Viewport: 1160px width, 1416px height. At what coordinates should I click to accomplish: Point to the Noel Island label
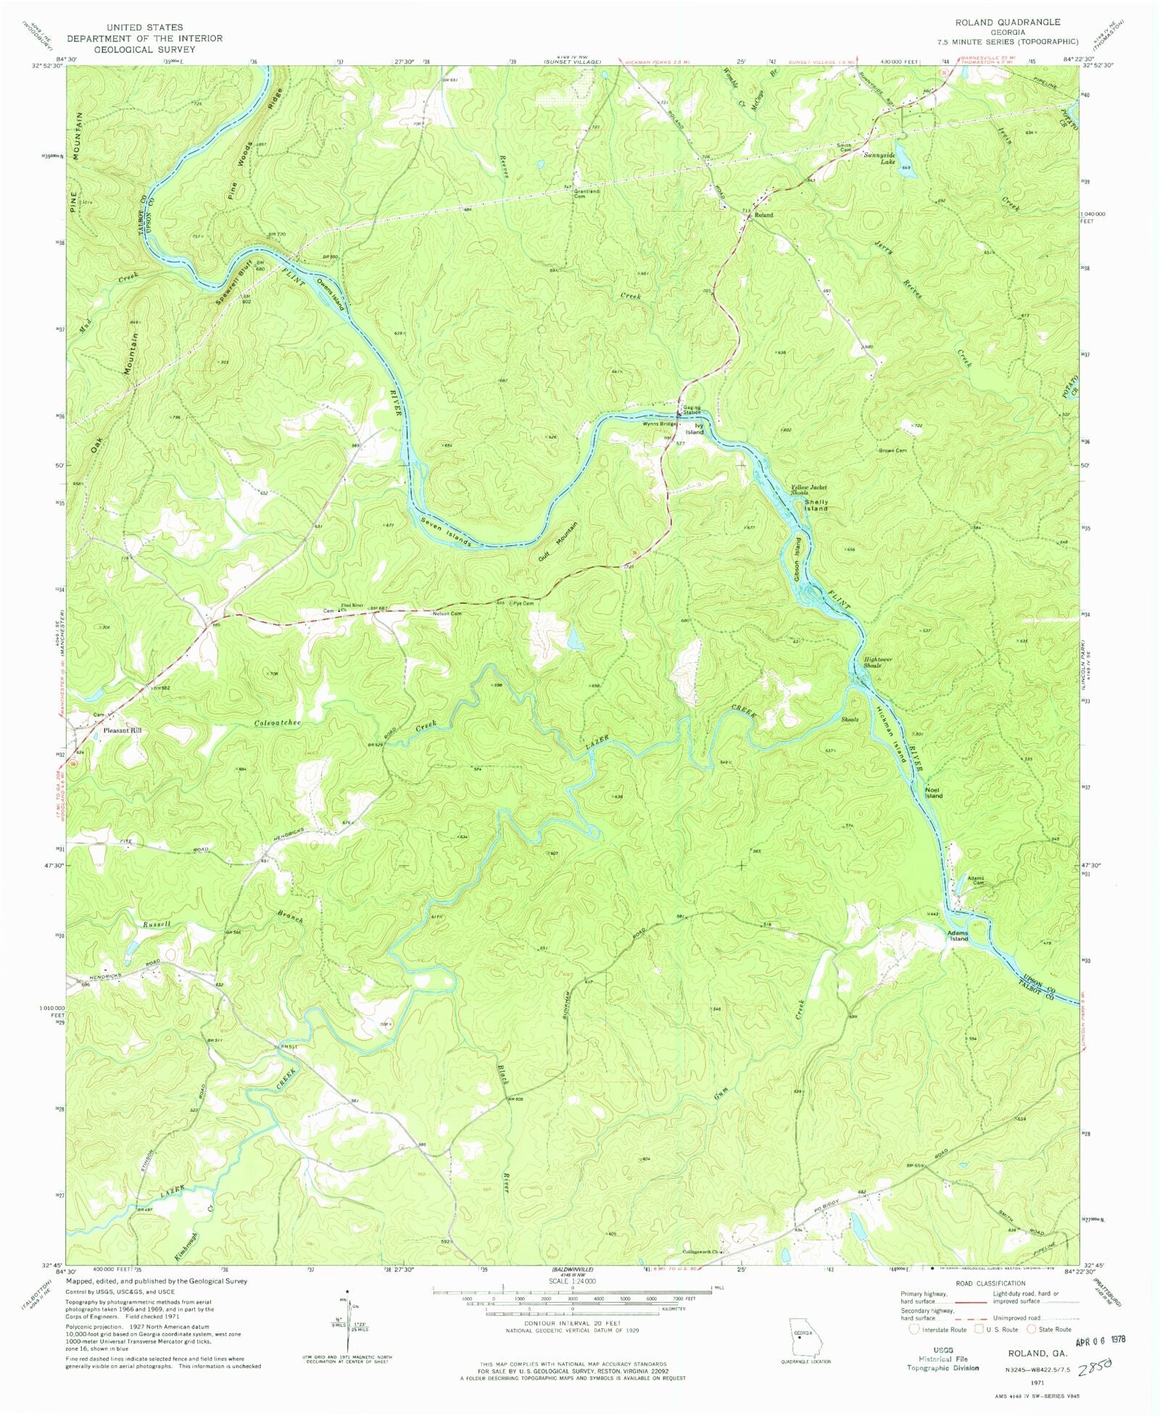[x=933, y=792]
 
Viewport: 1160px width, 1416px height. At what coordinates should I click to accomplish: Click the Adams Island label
[x=958, y=935]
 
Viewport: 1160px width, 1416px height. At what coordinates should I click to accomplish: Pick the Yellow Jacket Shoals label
[x=808, y=489]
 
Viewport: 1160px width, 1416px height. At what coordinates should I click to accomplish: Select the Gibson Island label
[x=797, y=559]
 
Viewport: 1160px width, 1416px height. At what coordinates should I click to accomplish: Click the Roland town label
[x=763, y=215]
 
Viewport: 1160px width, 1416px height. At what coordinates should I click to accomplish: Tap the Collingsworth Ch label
[x=703, y=1251]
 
